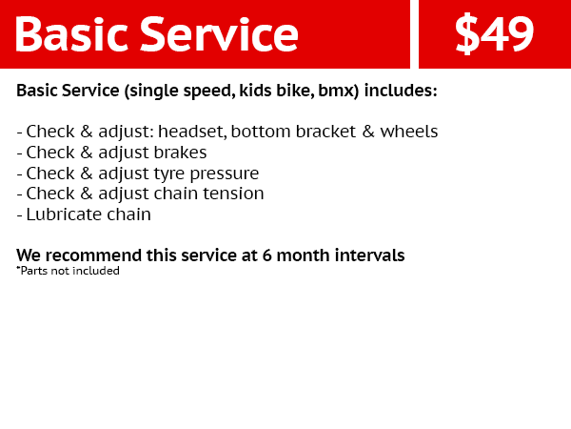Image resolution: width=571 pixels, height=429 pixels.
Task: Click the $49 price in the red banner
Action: [494, 34]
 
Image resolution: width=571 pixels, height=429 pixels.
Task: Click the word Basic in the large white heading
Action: [71, 34]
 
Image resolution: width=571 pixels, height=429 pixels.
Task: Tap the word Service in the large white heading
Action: [219, 34]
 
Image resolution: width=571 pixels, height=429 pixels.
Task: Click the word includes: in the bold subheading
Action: [401, 91]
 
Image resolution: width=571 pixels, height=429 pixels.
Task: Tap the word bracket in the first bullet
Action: [325, 132]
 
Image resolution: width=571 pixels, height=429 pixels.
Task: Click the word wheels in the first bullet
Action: [409, 132]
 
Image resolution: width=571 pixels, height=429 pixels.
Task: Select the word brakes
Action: [180, 153]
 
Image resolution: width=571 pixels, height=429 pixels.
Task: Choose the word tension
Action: [233, 194]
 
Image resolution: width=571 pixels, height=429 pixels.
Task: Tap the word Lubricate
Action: [64, 214]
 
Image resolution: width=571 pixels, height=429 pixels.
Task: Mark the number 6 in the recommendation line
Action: [266, 255]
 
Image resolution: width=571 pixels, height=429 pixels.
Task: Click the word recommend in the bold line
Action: [93, 255]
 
